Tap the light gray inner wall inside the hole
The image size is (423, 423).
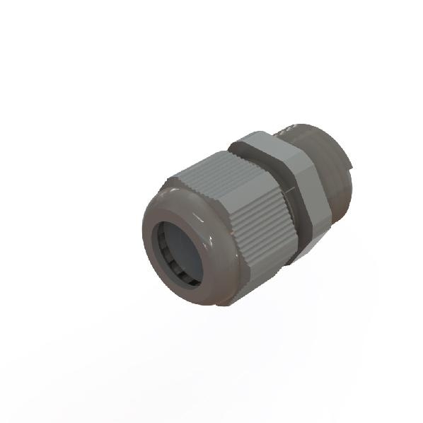click(191, 248)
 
